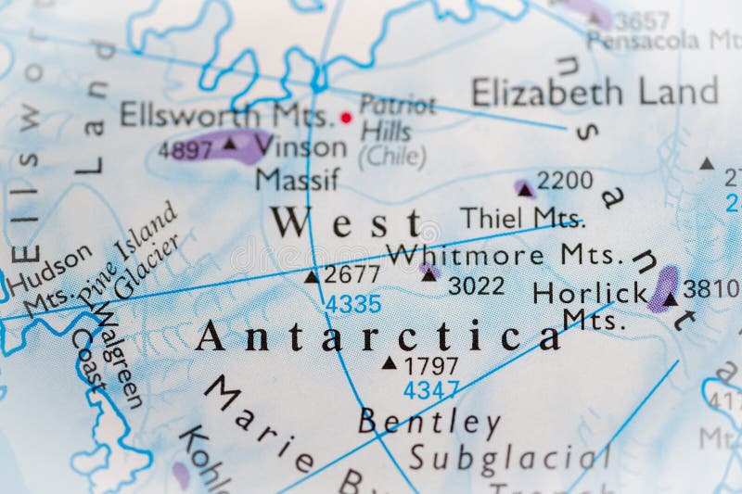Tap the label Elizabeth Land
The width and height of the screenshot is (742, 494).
(594, 92)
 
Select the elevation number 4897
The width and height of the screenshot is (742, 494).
(185, 150)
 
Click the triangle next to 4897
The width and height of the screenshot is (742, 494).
(229, 144)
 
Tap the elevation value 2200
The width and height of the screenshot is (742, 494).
(565, 181)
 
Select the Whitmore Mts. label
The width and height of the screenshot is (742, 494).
(501, 253)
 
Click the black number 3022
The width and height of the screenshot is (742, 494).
(476, 285)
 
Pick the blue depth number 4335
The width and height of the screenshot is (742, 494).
(352, 303)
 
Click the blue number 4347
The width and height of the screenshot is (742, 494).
(430, 390)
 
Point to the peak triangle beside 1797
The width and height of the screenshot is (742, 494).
(389, 363)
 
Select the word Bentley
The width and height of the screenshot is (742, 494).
(429, 423)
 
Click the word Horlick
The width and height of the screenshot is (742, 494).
(589, 293)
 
